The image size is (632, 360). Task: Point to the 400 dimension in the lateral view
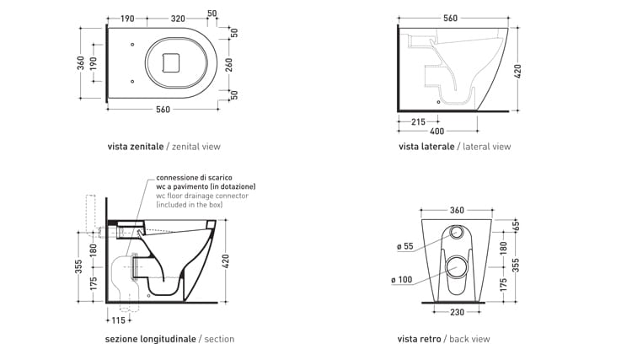pos(436,132)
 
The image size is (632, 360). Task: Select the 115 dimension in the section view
pos(116,320)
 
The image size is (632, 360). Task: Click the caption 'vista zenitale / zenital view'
pos(163,147)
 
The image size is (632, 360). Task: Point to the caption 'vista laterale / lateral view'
pos(454,147)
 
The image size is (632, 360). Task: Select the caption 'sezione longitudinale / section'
pos(169,339)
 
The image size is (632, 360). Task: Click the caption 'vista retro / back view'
pos(443,339)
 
